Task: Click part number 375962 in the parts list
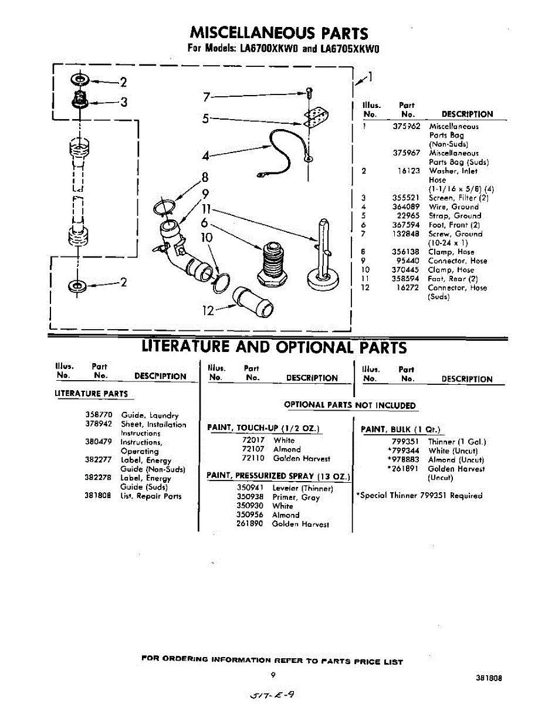(x=406, y=126)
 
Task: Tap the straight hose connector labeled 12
(x=252, y=300)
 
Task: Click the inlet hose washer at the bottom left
(x=77, y=286)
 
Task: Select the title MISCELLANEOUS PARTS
(x=279, y=33)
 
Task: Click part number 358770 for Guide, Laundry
(x=98, y=415)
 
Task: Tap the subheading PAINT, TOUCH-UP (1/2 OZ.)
(x=265, y=428)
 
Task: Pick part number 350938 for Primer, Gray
(x=249, y=496)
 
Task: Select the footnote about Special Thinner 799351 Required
(x=419, y=495)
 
